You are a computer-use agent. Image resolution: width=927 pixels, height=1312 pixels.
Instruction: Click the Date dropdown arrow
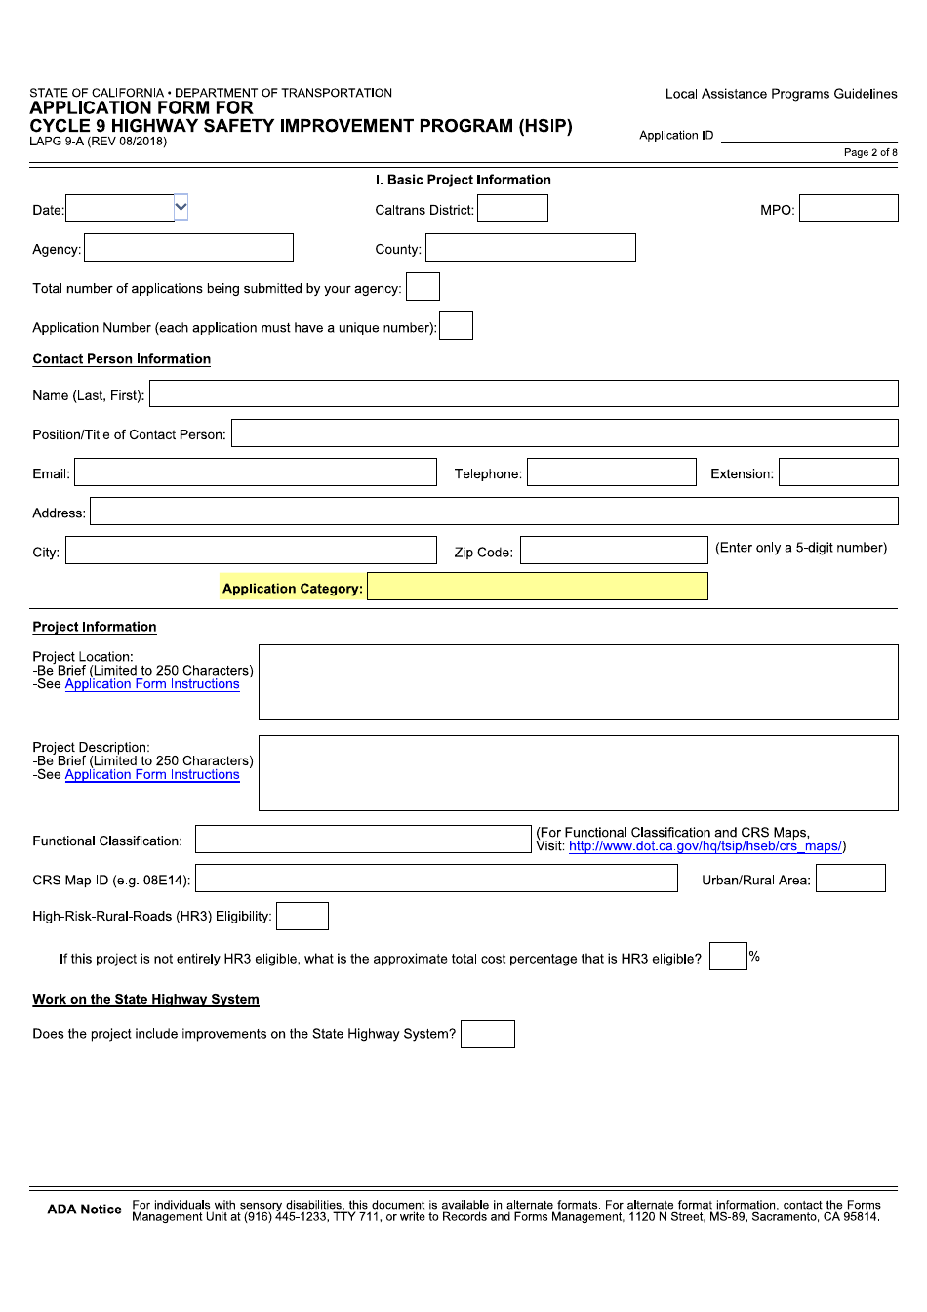(181, 207)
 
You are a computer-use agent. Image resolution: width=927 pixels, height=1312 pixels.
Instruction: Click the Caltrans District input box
(512, 208)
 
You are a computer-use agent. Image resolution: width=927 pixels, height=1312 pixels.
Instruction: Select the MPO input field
(848, 208)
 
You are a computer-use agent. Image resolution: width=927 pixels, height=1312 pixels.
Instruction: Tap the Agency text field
(188, 248)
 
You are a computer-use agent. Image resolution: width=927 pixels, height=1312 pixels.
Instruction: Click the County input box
(530, 248)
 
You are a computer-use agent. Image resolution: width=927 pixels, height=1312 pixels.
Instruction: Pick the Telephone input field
(611, 472)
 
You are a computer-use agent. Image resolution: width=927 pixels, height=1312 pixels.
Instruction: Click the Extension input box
(837, 472)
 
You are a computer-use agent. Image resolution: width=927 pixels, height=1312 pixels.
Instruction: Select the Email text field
(256, 472)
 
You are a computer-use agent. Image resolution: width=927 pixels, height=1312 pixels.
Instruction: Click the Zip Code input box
(613, 551)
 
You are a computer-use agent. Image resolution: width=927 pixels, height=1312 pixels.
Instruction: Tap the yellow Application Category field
(537, 587)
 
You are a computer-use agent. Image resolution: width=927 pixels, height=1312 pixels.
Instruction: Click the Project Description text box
(578, 773)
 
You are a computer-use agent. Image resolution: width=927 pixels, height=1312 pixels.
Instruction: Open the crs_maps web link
(705, 846)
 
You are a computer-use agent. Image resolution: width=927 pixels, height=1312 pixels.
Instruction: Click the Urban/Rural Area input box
(850, 879)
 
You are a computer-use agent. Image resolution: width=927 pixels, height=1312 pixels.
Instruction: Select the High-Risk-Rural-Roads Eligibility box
(302, 916)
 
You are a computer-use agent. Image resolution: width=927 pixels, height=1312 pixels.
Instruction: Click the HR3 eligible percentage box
(727, 957)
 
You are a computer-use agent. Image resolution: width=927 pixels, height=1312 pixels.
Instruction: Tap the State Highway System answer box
(487, 1034)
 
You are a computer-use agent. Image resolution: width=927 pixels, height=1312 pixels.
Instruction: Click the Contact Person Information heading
(121, 359)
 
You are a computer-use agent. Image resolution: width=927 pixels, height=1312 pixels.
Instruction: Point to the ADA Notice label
(84, 1209)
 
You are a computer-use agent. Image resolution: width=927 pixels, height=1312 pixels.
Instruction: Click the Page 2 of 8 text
(869, 152)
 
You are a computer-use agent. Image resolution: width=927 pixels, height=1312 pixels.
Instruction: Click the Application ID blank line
(808, 136)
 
